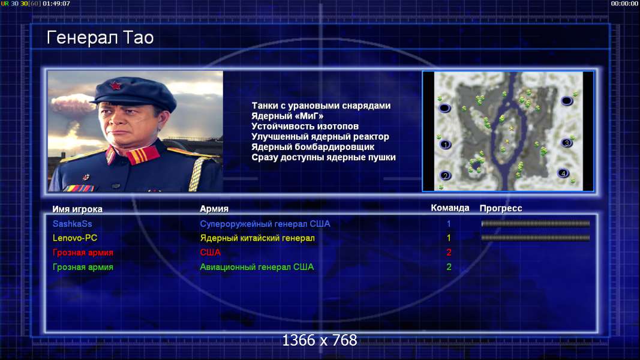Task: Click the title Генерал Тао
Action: (100, 38)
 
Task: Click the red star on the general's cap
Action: (115, 86)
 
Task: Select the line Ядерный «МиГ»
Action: (287, 116)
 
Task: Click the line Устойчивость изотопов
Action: (305, 126)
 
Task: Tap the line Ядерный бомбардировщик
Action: (313, 146)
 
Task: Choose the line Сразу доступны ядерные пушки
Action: (323, 157)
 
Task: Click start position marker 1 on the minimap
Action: (445, 145)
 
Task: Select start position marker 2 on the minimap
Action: (445, 176)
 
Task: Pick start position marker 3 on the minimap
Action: (566, 143)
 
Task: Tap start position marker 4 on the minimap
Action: (563, 173)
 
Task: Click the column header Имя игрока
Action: (77, 209)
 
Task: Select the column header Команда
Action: (450, 208)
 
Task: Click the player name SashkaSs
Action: (72, 224)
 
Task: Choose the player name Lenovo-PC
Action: (75, 238)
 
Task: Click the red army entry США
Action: (210, 252)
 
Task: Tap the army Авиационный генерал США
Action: (257, 267)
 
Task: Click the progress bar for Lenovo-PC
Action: (536, 238)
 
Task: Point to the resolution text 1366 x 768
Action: (320, 340)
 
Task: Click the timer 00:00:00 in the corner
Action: (624, 3)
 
